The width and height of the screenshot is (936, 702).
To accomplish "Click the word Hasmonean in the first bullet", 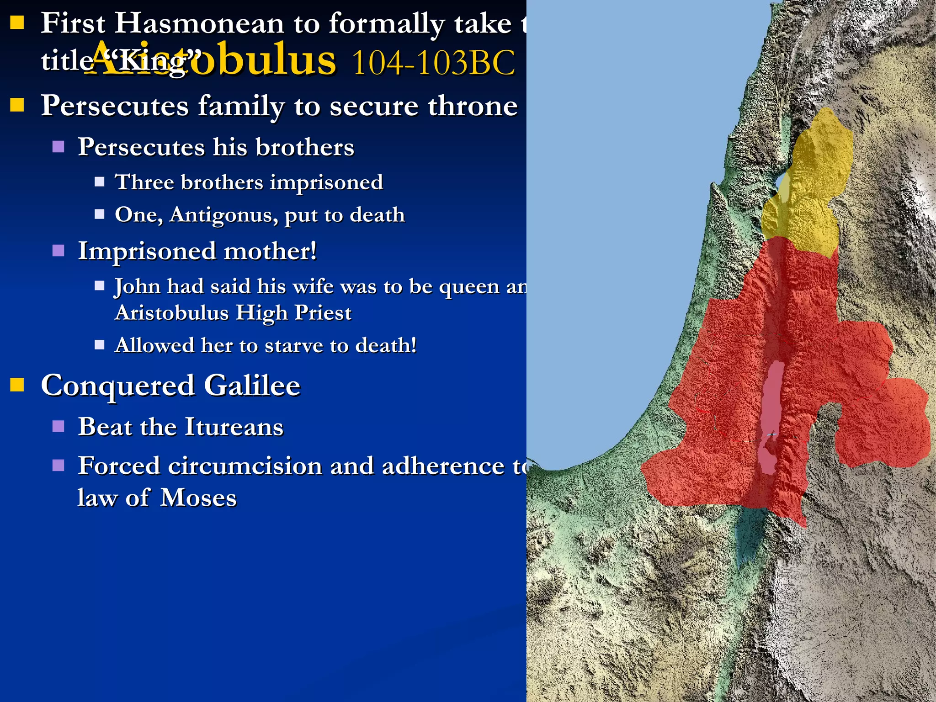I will point(199,24).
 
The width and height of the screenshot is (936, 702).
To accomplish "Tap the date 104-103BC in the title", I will point(433,63).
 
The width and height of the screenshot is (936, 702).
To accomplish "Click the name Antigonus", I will point(223,215).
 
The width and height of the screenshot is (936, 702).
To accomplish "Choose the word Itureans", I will point(234,427).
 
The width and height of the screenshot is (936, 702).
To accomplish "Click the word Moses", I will point(198,498).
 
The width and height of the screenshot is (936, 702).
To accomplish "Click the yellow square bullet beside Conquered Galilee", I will point(17,385).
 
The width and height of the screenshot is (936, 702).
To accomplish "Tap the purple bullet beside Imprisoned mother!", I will point(58,251).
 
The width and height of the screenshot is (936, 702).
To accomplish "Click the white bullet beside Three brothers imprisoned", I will point(100,182).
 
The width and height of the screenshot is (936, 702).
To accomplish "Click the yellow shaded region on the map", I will point(814,183).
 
